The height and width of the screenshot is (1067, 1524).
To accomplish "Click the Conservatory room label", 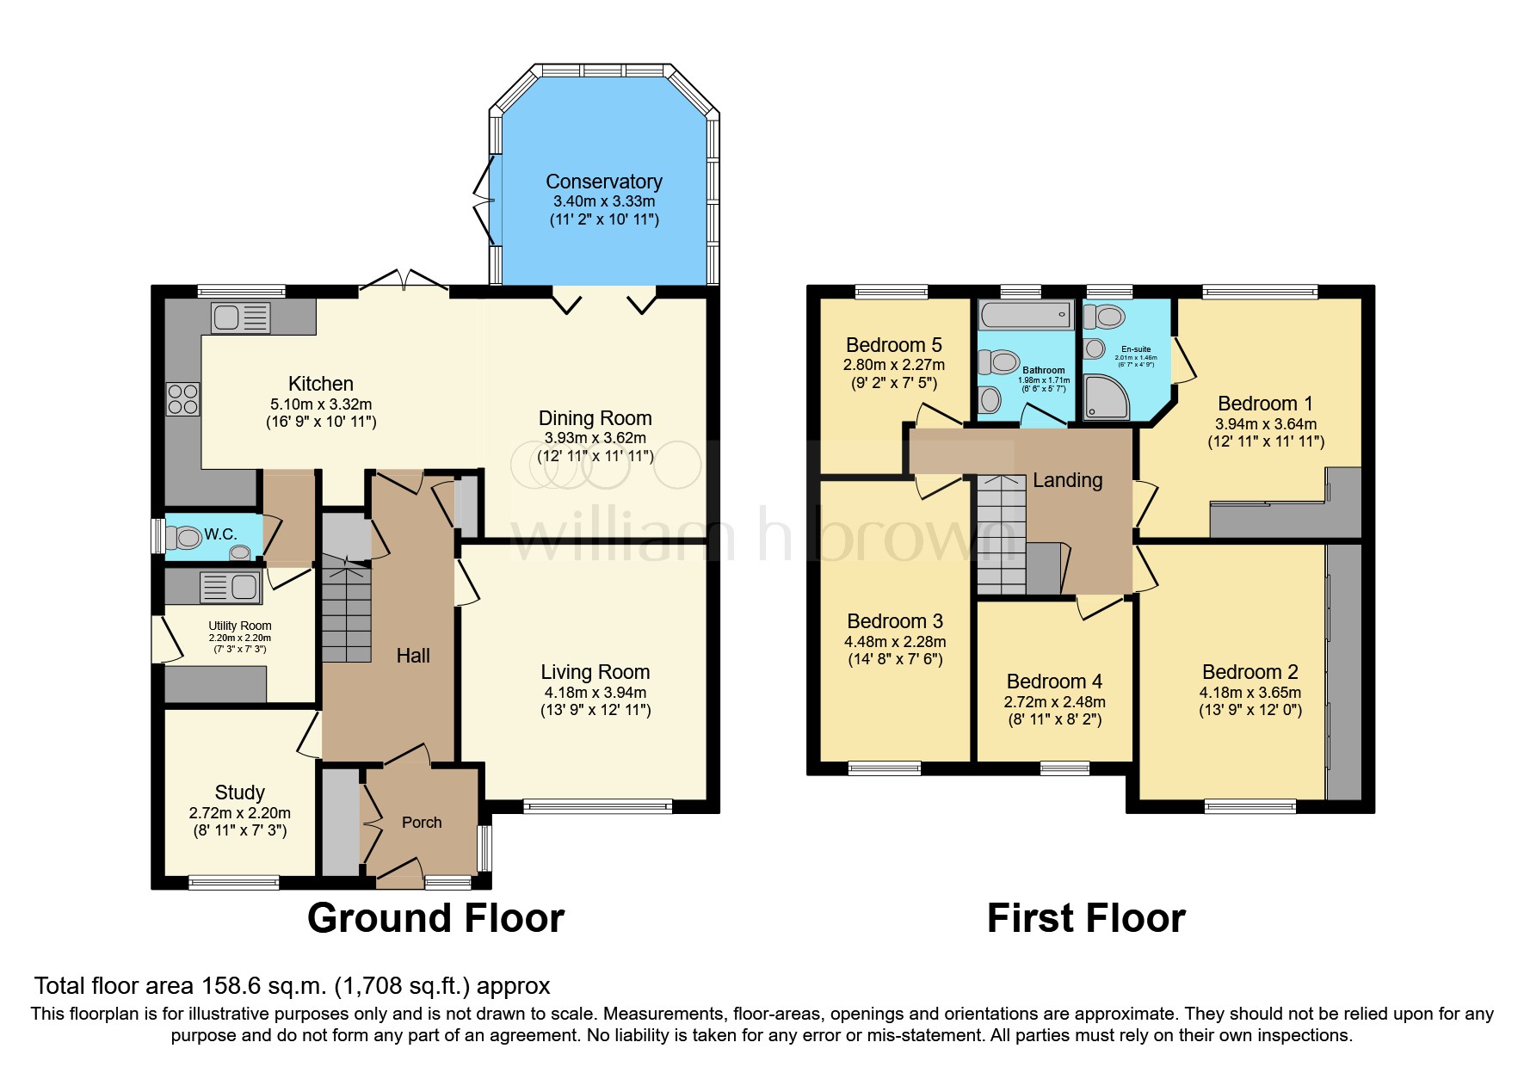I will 604,182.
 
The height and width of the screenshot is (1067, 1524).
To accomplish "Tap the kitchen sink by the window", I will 240,318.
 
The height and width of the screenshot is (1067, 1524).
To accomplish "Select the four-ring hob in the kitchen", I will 182,399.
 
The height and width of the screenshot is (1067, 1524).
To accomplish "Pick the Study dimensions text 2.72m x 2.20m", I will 239,812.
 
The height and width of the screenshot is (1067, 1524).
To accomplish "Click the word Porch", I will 422,823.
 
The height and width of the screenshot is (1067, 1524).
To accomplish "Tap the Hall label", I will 413,656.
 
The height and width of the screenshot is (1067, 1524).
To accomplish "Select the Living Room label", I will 595,672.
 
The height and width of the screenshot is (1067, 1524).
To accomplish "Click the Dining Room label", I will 595,418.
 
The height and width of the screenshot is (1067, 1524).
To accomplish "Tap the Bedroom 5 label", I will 893,345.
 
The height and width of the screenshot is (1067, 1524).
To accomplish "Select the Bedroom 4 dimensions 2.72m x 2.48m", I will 1054,702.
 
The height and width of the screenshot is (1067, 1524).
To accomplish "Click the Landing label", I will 1067,480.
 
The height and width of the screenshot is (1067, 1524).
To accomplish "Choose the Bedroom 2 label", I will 1249,672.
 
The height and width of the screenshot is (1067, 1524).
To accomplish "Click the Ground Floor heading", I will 435,918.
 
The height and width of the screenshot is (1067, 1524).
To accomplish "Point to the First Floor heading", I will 1086,918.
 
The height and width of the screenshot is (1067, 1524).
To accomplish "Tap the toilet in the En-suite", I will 1106,317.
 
